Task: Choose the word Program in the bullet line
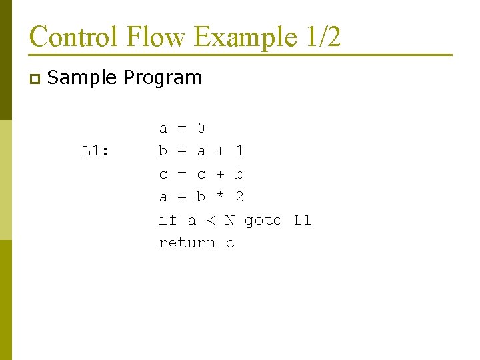tap(163, 77)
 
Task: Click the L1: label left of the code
tap(97, 151)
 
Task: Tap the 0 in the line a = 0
tap(201, 128)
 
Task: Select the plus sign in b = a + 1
tap(221, 151)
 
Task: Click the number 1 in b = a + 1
tap(239, 151)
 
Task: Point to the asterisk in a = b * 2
tap(221, 197)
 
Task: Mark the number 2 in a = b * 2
tap(239, 197)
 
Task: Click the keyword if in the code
tap(168, 220)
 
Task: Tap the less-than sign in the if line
tap(211, 220)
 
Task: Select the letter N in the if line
tap(230, 220)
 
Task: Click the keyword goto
tap(263, 220)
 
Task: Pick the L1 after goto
tap(302, 220)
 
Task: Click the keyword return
tap(187, 243)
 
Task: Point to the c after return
tap(230, 243)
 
